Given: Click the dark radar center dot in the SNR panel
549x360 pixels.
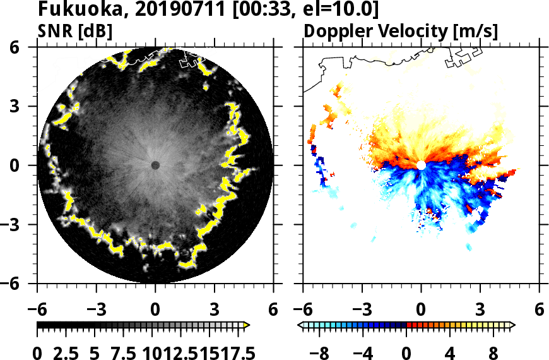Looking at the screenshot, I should [155, 165].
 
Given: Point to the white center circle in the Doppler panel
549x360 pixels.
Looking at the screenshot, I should [421, 165].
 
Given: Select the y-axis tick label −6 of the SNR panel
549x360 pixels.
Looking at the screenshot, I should [20, 284].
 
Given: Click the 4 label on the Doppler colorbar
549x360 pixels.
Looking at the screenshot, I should [450, 352].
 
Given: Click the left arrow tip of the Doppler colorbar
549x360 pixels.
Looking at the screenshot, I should [300, 325].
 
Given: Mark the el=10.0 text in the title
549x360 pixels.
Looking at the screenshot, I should [343, 10].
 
